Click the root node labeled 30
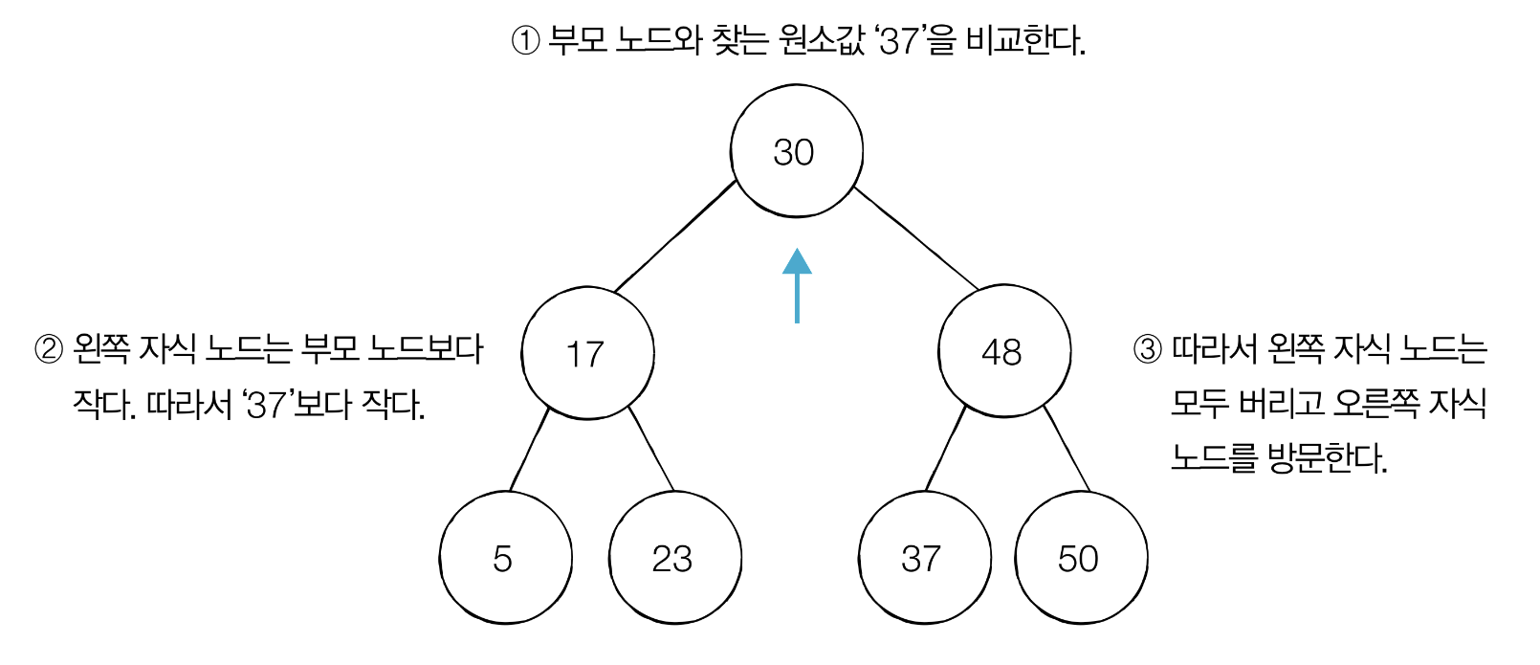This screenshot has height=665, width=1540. [x=796, y=151]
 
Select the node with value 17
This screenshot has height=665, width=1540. [x=587, y=353]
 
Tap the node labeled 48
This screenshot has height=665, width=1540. [x=1003, y=351]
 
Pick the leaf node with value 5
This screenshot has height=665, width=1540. [x=505, y=558]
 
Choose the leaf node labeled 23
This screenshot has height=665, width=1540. [x=674, y=558]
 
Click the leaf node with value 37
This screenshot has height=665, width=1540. [x=924, y=558]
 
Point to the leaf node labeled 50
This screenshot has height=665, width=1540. [x=1080, y=558]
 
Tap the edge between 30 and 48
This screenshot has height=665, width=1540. [x=915, y=237]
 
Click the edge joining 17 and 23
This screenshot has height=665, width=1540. [x=651, y=449]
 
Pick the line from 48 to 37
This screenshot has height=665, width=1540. [x=946, y=449]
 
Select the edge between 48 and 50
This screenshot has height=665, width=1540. [x=1067, y=449]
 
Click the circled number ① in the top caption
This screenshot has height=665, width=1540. [x=526, y=41]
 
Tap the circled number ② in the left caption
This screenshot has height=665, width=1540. [x=49, y=349]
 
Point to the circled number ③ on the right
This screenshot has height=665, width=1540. [x=1147, y=349]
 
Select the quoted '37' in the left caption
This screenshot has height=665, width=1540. [x=267, y=405]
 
